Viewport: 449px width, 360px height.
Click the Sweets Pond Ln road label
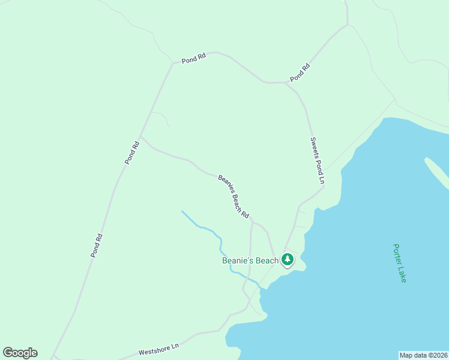pos(318,160)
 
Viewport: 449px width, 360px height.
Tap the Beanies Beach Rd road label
pos(234,196)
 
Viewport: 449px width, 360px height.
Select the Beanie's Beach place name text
pos(250,260)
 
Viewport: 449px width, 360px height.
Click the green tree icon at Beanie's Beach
pos(288,259)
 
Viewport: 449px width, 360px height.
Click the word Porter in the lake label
pos(397,254)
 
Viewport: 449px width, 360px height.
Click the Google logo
pos(20,353)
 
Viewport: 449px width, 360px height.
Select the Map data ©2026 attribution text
pos(423,355)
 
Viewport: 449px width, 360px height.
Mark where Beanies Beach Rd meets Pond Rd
pos(140,137)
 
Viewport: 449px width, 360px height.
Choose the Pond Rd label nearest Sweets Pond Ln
pos(300,73)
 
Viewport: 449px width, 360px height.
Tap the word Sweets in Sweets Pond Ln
pos(315,147)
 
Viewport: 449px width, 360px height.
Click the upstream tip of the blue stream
pos(182,211)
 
